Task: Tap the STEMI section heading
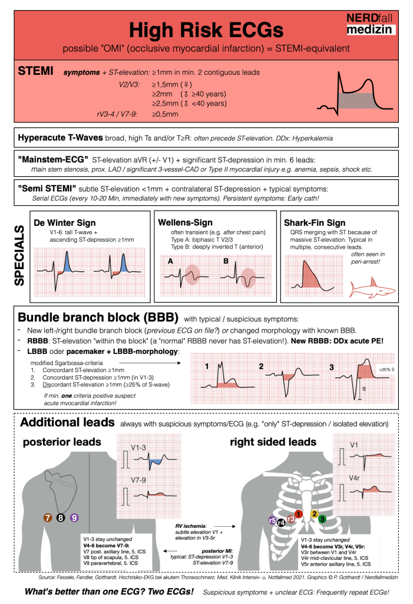pyautogui.click(x=36, y=72)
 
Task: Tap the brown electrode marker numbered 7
pyautogui.click(x=48, y=518)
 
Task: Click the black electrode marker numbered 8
pyautogui.click(x=61, y=518)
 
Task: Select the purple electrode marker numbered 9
pyautogui.click(x=74, y=518)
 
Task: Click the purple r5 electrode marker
pyautogui.click(x=272, y=520)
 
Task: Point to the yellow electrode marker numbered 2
pyautogui.click(x=314, y=513)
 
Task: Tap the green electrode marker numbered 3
pyautogui.click(x=322, y=519)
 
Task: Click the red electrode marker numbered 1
pyautogui.click(x=299, y=514)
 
